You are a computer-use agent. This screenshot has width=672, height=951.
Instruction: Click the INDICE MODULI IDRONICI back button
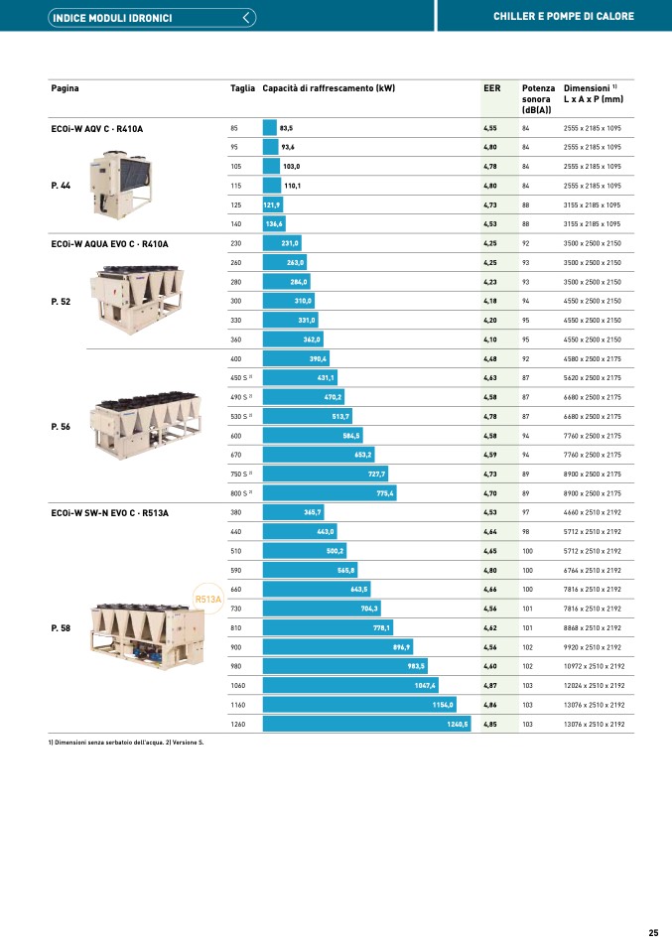coord(153,17)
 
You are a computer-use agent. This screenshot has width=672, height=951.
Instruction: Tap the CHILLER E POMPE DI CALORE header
coord(563,17)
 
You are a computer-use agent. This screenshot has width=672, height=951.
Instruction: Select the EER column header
coord(491,88)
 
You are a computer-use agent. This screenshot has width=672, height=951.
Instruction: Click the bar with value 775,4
coord(330,493)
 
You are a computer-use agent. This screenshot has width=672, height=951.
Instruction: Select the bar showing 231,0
coord(282,243)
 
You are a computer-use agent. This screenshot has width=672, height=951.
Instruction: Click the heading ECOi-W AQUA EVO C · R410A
coord(109,243)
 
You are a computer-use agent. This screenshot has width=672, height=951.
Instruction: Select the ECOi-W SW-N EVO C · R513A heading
coord(109,512)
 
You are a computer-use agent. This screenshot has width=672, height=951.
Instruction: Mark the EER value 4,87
coord(489,686)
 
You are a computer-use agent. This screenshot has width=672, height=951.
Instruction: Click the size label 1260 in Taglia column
coord(237,725)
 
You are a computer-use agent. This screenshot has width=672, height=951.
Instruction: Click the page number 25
coord(653,932)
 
